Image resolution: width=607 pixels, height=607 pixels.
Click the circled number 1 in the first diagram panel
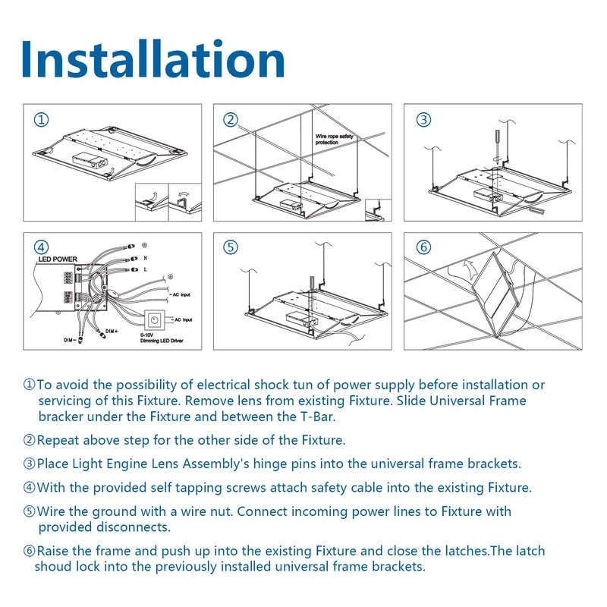42,120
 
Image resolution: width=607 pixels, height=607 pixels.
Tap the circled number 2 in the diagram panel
231,120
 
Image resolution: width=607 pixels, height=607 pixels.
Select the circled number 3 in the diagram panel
423,120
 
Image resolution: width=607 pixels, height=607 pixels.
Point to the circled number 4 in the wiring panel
42,247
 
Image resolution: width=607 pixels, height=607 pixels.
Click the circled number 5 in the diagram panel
231,247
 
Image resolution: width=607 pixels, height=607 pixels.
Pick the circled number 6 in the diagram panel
423,247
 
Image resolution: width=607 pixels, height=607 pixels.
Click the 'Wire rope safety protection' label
335,140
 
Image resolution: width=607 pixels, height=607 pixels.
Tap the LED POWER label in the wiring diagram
58,259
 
